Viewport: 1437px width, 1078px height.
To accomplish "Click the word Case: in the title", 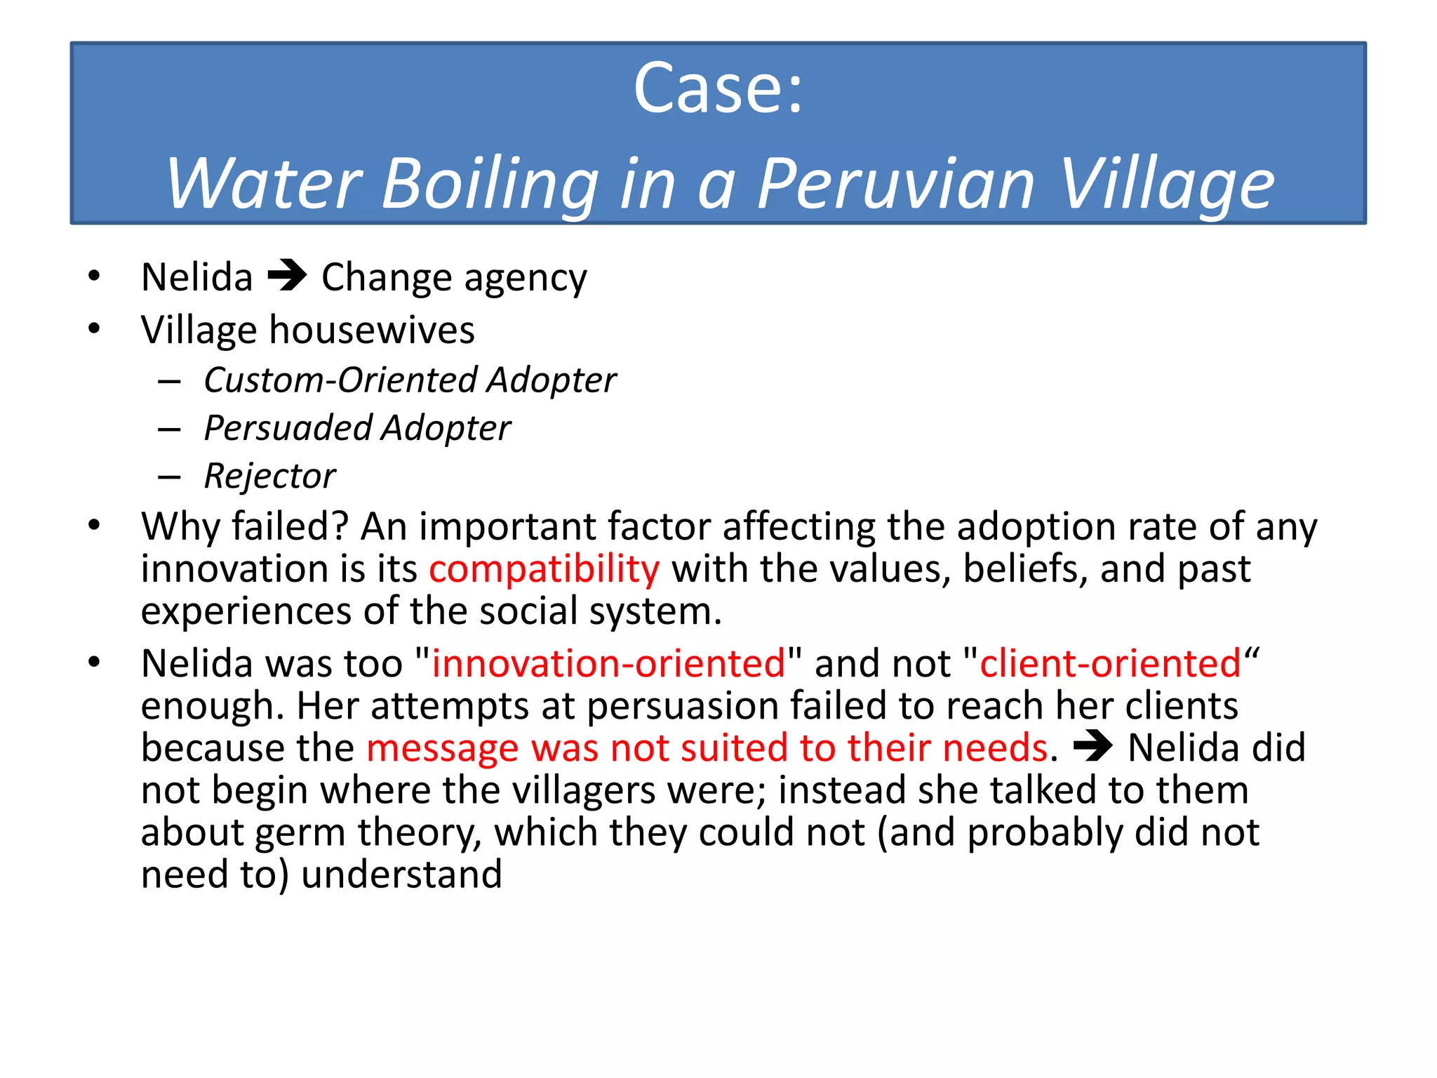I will [718, 89].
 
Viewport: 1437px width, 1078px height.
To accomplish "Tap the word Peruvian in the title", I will [896, 184].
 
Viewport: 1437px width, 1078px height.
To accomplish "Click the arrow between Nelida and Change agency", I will [287, 275].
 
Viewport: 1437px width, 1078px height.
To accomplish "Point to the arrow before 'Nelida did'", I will [1092, 746].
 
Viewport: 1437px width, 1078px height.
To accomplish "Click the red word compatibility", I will [544, 568].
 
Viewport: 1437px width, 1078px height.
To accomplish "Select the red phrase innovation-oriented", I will [608, 663].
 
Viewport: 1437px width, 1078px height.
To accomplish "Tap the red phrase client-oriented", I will [1110, 663].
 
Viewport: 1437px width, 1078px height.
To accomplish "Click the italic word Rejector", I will [269, 476].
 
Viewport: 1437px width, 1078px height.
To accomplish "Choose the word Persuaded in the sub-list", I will [287, 428].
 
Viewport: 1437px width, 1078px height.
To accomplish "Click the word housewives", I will [372, 330].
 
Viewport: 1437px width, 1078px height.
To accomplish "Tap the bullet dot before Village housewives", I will [94, 328].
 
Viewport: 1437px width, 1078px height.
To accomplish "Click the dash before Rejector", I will [169, 477].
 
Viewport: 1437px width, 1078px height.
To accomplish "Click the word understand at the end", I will [401, 874].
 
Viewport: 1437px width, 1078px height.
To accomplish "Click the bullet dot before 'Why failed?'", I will [94, 525].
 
